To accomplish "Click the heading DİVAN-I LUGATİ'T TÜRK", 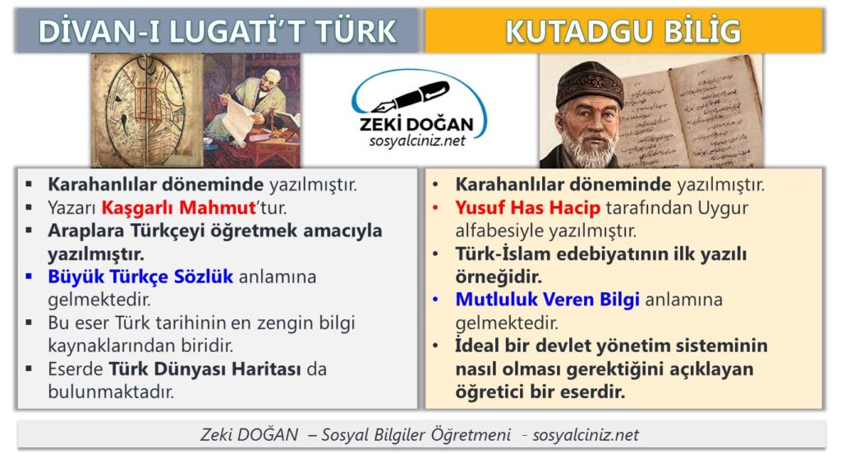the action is coord(217,31).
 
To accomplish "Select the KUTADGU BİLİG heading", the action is coord(623,31).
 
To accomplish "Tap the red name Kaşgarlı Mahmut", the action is coord(178,208).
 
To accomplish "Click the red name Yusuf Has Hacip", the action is coord(528,208).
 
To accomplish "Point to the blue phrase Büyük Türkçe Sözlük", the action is coord(140,277).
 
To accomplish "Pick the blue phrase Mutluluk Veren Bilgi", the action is coord(547,300).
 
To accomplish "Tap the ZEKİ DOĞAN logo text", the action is coord(416,124).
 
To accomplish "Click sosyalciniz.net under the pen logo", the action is coord(417,141).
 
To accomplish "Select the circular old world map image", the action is coord(146,111).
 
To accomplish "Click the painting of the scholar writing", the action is coord(251,111).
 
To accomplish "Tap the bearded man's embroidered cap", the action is coord(589,85).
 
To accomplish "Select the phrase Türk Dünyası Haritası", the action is coord(205,369).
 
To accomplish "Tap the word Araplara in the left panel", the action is coord(86,231).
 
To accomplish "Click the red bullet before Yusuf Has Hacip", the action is coord(435,208).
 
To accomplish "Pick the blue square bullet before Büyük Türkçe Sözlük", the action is coord(29,277).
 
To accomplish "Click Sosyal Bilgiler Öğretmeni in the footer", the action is coord(416,434).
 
